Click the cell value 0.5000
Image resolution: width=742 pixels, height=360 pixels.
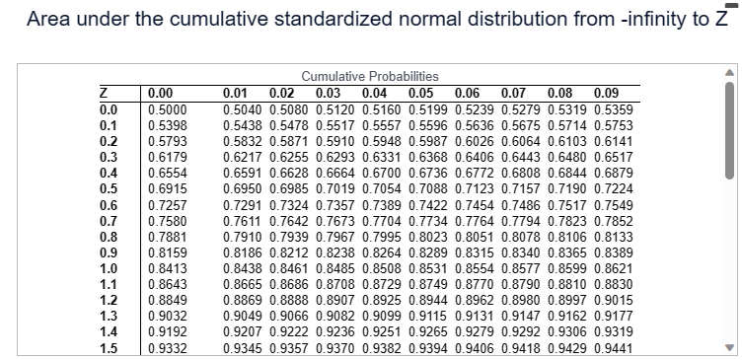164,109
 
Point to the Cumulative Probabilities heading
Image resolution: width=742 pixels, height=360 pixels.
370,77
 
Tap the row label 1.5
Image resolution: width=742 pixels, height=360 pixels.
109,349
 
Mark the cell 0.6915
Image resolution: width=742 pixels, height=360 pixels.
164,188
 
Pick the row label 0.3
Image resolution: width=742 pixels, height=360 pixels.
109,157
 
